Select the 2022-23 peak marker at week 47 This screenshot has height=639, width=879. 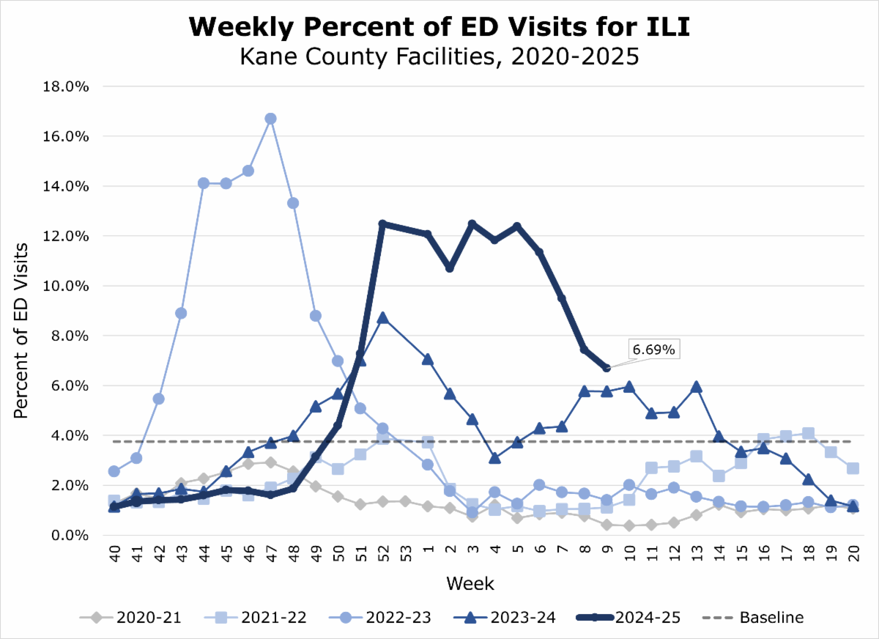270,119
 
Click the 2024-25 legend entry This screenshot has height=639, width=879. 628,618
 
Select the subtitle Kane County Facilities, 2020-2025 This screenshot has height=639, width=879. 439,56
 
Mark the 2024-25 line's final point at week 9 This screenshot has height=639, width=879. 607,368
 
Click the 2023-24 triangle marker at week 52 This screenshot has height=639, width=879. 382,318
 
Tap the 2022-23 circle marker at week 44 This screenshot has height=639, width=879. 204,183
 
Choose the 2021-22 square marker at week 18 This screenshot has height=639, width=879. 809,433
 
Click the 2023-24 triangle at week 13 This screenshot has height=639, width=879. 697,387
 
